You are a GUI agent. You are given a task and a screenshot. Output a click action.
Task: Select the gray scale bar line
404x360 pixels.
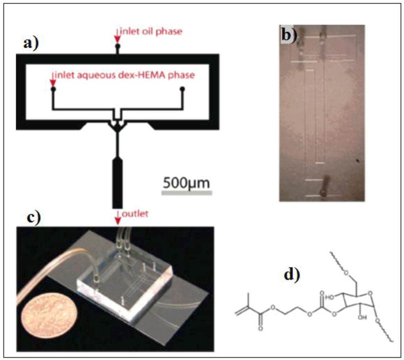click(187, 193)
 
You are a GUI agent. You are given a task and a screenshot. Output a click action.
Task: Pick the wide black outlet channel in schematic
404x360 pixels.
click(118, 182)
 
